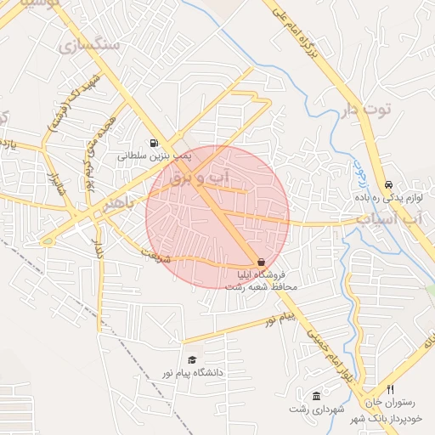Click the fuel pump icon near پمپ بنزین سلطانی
(153, 144)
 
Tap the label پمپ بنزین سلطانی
(155, 156)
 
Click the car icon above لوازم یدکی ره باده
(388, 184)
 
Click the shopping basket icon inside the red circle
(260, 263)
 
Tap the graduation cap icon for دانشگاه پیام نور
(192, 360)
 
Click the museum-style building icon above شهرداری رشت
(316, 397)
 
